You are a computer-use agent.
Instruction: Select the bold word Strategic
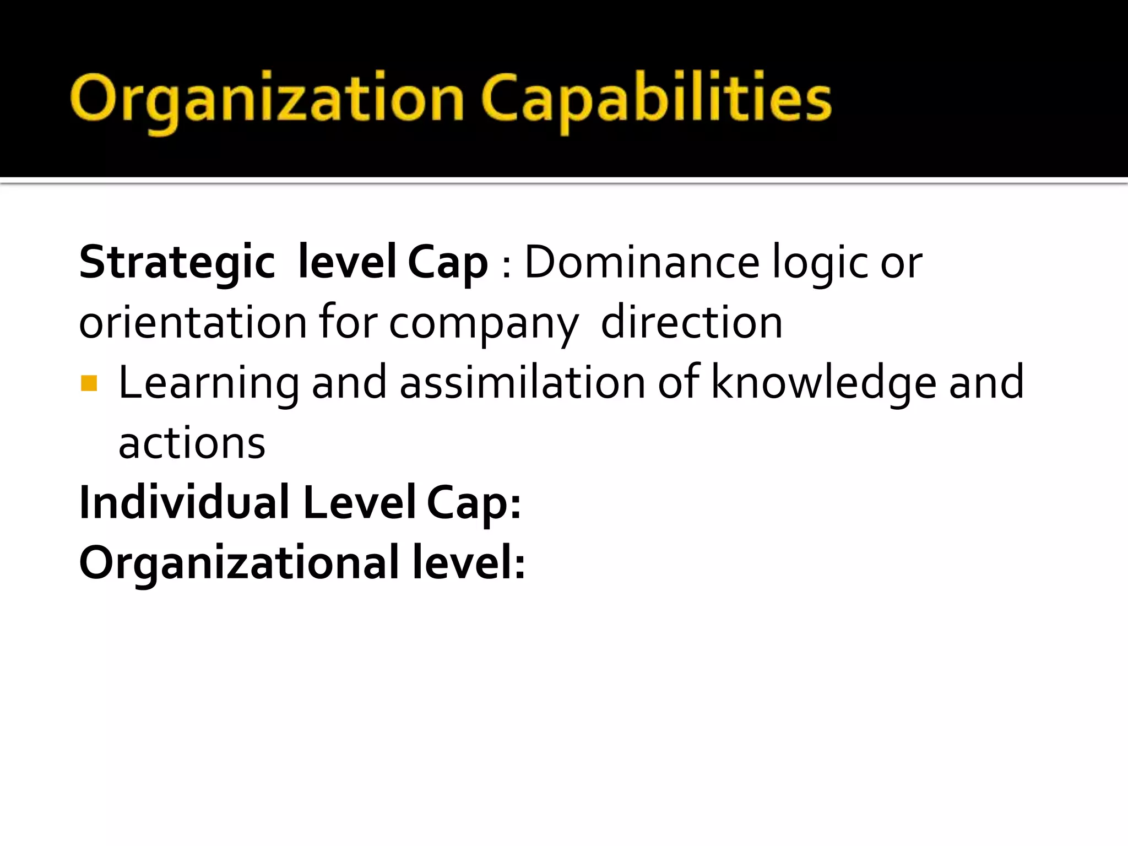(177, 263)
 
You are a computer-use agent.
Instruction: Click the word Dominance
(642, 263)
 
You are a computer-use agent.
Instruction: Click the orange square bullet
(89, 383)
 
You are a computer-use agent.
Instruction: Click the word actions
(192, 443)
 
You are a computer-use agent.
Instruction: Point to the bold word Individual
(184, 502)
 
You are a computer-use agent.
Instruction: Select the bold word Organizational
(239, 563)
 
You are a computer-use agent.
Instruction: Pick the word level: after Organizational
(469, 562)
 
